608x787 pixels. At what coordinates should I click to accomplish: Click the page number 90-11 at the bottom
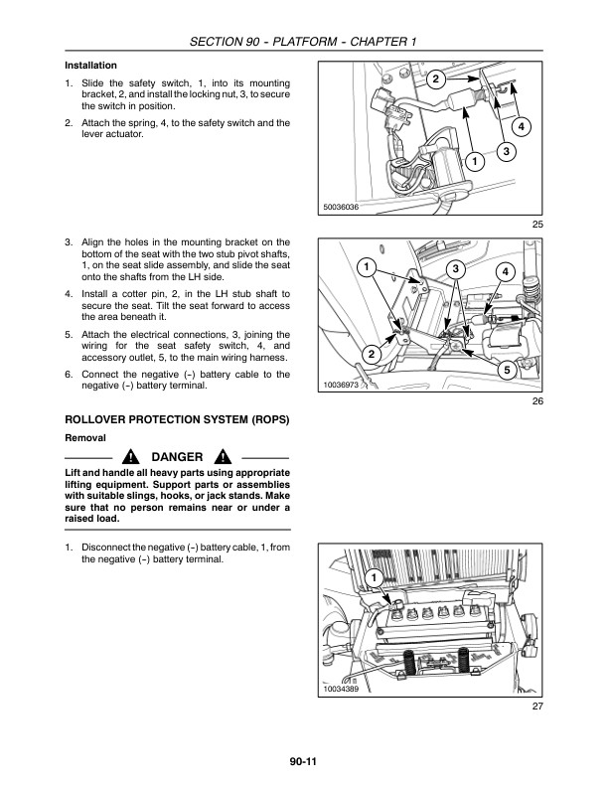[303, 762]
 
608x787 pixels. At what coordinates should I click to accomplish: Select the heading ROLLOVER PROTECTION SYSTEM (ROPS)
[177, 419]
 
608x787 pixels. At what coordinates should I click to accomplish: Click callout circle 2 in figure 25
[434, 79]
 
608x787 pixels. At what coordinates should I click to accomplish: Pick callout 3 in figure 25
[505, 151]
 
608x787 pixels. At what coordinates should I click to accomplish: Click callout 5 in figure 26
[506, 371]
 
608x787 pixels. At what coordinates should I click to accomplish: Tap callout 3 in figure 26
[456, 268]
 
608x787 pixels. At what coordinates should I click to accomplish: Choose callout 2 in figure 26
[370, 355]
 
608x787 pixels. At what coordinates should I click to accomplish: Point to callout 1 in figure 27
[372, 578]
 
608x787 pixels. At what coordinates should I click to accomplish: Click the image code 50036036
[341, 207]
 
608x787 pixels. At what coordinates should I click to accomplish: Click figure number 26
[537, 401]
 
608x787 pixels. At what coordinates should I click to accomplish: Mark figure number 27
[537, 707]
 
